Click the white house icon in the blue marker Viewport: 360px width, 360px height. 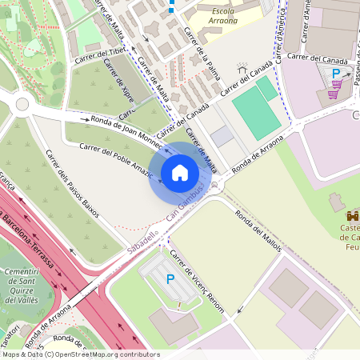tap(180, 173)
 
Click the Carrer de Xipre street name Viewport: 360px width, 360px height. tap(119, 95)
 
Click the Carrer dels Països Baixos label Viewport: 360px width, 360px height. tap(72, 183)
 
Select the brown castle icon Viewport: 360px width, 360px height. tap(352, 215)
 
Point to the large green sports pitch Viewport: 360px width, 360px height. tap(256, 108)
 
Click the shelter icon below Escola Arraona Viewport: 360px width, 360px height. tap(242, 70)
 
